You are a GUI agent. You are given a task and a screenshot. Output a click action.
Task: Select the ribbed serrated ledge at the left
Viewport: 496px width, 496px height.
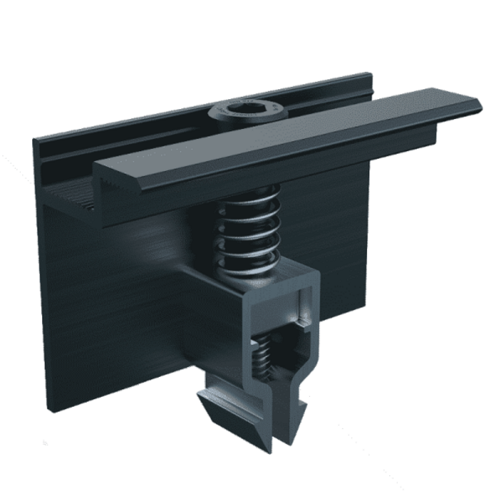72,198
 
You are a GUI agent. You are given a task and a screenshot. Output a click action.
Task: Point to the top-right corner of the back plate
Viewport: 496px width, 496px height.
371,76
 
